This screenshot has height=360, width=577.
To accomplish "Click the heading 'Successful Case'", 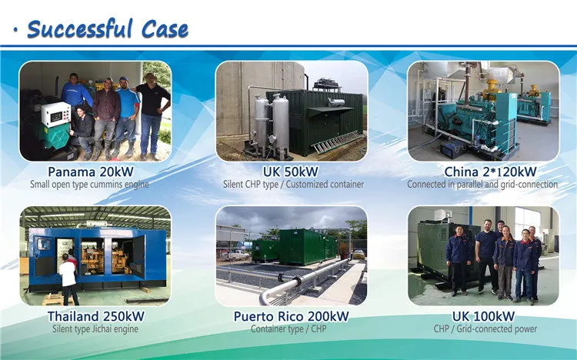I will pyautogui.click(x=107, y=28).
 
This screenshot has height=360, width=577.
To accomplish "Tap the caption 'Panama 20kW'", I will pyautogui.click(x=95, y=171).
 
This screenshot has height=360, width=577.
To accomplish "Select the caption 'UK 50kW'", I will pyautogui.click(x=289, y=171).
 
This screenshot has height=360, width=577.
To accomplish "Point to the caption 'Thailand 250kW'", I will pyautogui.click(x=95, y=316).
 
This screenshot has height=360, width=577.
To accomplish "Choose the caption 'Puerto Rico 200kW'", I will pyautogui.click(x=290, y=316).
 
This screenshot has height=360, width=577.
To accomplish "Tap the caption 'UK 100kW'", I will pyautogui.click(x=483, y=316).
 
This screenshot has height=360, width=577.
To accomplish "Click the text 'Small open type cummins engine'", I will pyautogui.click(x=89, y=185).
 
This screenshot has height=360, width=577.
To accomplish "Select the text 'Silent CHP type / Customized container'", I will pyautogui.click(x=290, y=185).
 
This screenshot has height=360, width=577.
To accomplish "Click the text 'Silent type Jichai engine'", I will pyautogui.click(x=95, y=329).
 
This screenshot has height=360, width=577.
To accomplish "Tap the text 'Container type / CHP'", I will pyautogui.click(x=290, y=329).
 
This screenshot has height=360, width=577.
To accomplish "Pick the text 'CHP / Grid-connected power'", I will pyautogui.click(x=483, y=329).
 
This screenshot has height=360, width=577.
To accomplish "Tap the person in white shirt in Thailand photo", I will pyautogui.click(x=68, y=277).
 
